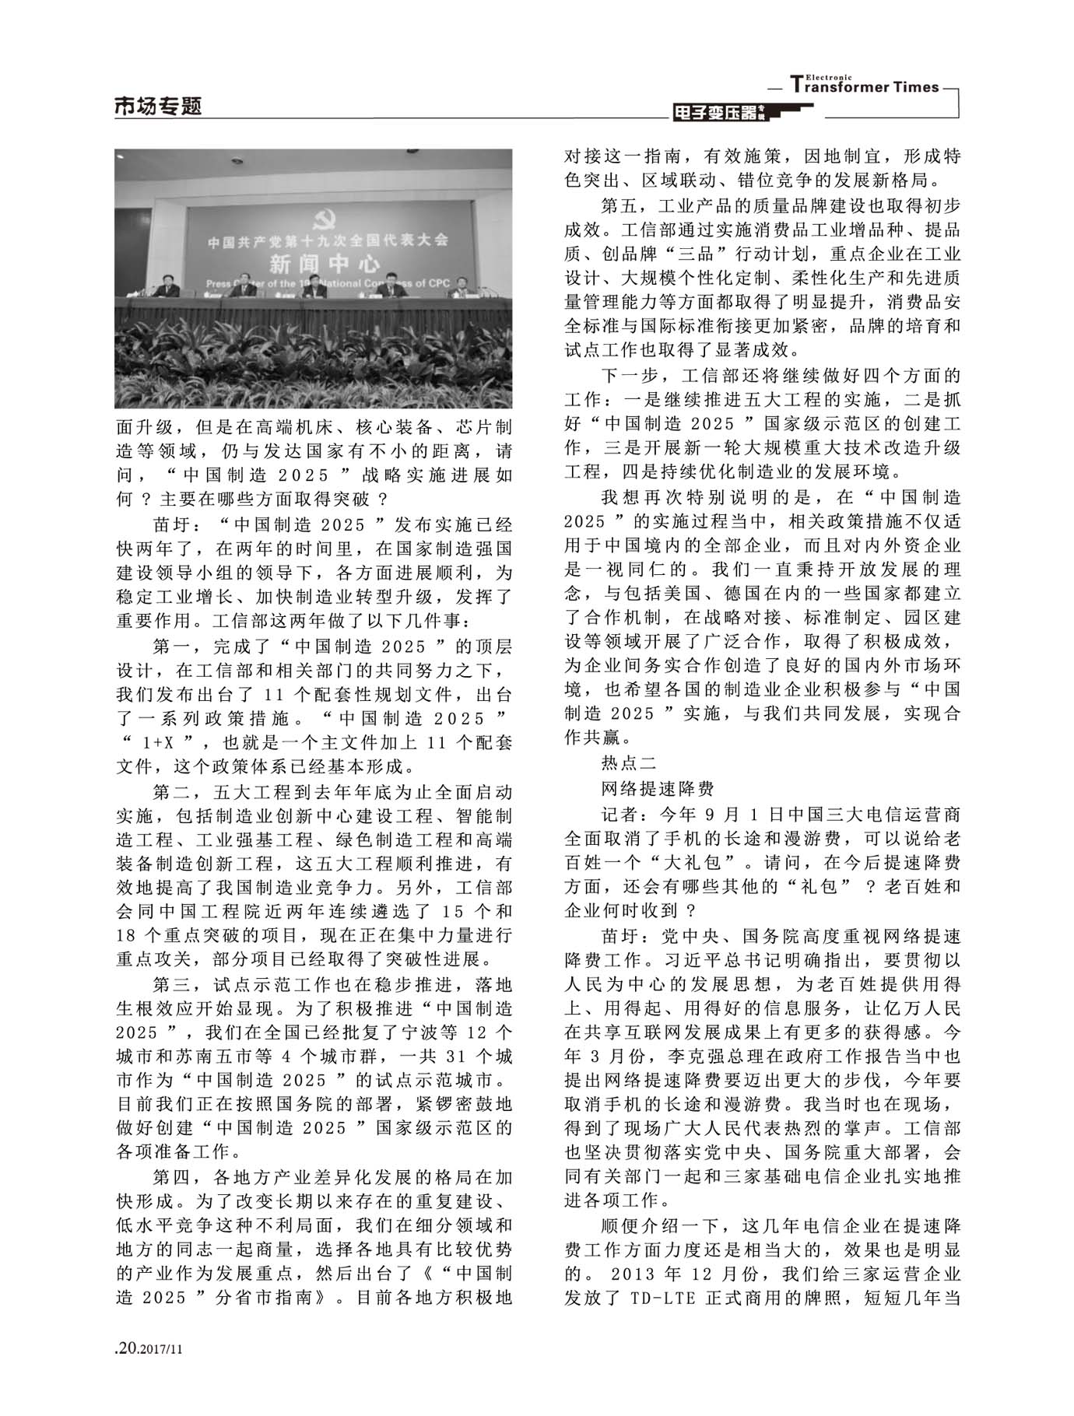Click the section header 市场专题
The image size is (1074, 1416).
158,107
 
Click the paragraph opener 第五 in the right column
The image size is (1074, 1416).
619,206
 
